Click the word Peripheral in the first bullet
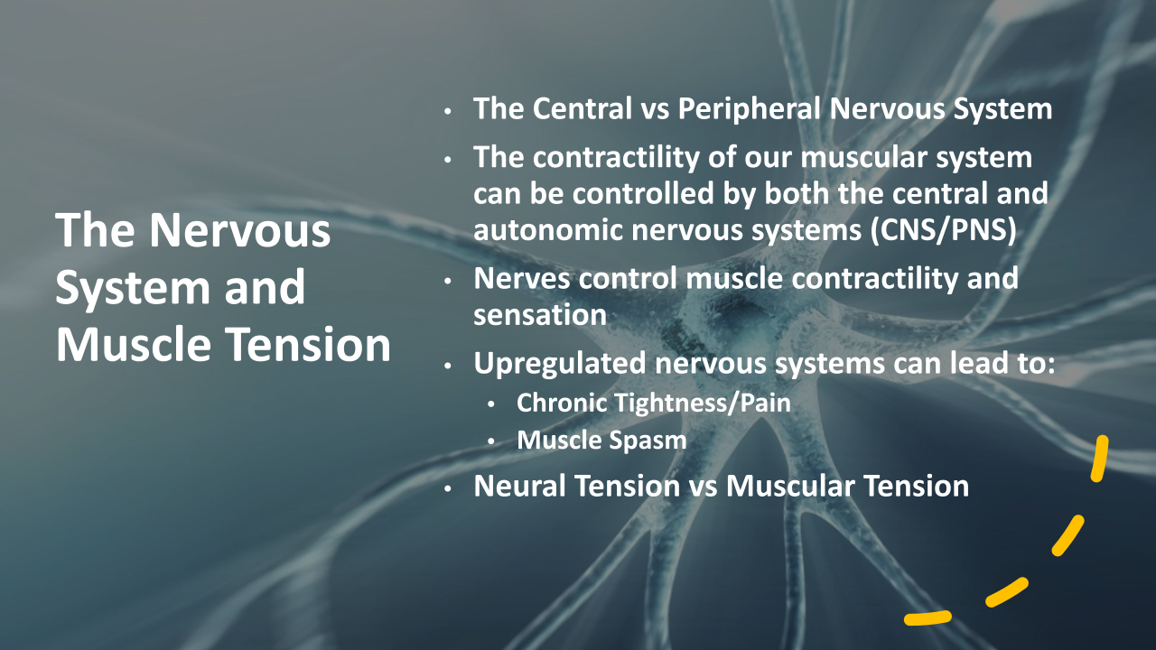pyautogui.click(x=749, y=109)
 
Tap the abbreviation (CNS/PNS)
pyautogui.click(x=944, y=229)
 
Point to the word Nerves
pyautogui.click(x=521, y=279)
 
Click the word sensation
pyautogui.click(x=540, y=315)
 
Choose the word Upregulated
pyautogui.click(x=560, y=364)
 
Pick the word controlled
pyautogui.click(x=643, y=193)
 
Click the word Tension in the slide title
pyautogui.click(x=309, y=344)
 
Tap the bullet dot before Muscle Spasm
pyautogui.click(x=490, y=441)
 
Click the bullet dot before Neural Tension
pyautogui.click(x=447, y=487)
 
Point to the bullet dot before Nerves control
pyautogui.click(x=447, y=281)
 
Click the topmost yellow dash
pyautogui.click(x=1100, y=459)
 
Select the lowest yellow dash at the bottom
pyautogui.click(x=928, y=617)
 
